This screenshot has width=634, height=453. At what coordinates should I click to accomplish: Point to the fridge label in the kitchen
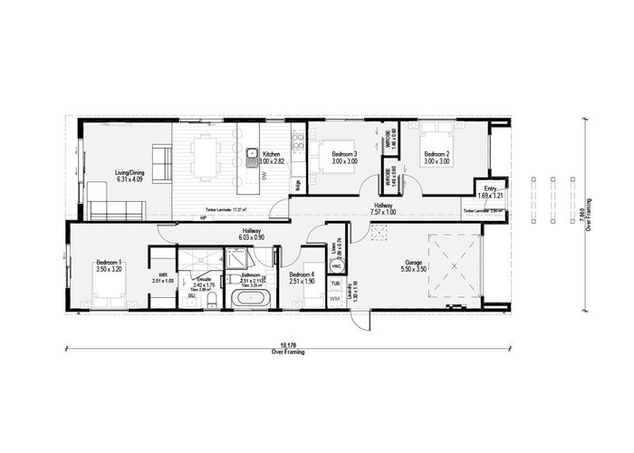tap(298, 184)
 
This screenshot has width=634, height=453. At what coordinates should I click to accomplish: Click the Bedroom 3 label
tap(344, 155)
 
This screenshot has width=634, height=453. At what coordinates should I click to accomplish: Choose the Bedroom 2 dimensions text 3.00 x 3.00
tap(437, 161)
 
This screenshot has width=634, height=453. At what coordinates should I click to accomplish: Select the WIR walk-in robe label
tap(163, 275)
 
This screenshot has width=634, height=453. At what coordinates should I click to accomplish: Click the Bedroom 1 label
tap(110, 264)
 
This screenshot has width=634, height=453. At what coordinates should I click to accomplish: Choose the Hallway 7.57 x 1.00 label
tap(383, 209)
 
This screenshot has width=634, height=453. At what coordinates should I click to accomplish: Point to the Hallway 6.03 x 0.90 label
tap(252, 234)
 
